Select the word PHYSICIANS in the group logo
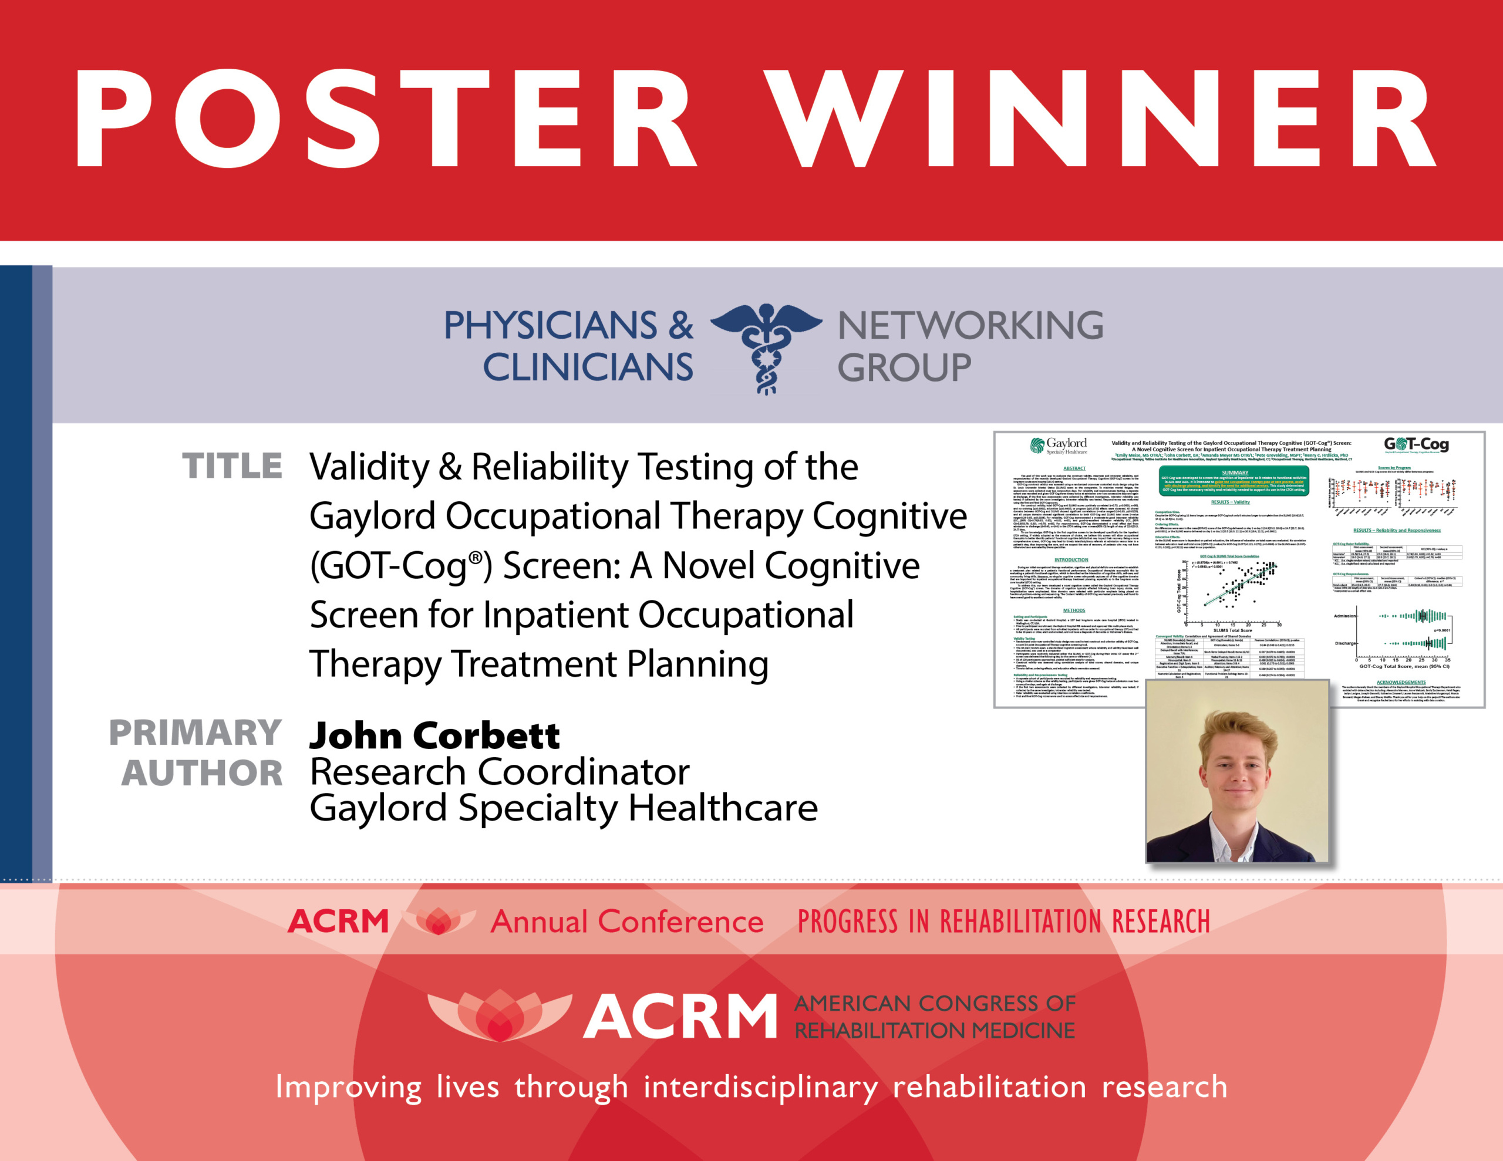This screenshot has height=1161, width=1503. click(x=551, y=326)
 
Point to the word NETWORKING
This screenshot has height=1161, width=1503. click(x=970, y=326)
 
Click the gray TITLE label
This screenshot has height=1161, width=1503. click(x=232, y=467)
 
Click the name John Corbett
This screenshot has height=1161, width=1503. click(x=434, y=735)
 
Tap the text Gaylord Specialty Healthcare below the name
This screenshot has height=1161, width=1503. click(x=564, y=808)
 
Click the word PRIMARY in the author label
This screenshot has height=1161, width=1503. click(x=196, y=733)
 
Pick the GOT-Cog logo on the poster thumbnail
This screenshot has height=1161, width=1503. click(x=1416, y=444)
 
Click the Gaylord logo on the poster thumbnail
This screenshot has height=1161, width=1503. click(x=1059, y=446)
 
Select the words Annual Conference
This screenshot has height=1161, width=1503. click(x=627, y=922)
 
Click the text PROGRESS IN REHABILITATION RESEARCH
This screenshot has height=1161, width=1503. click(x=1003, y=922)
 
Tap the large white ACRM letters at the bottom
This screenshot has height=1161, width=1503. click(x=680, y=1017)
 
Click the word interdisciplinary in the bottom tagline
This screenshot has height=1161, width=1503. click(x=760, y=1088)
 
